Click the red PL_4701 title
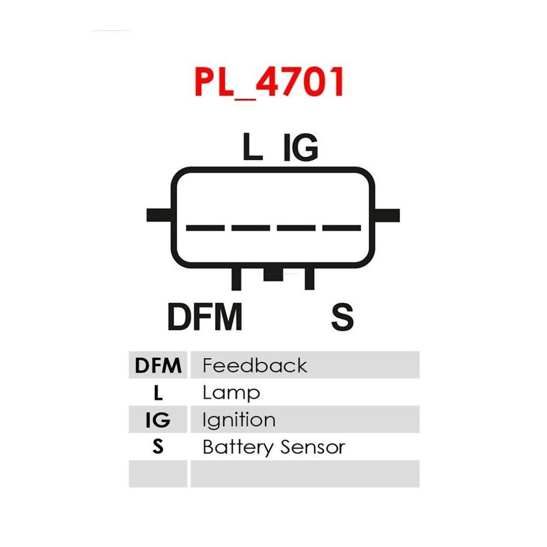pos(269,82)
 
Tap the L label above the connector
pos(252,146)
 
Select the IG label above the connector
pos(301,147)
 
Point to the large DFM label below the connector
pos(205,316)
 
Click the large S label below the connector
pos(342,317)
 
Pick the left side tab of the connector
pos(159,215)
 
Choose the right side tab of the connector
pos(387,215)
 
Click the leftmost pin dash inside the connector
pos(205,228)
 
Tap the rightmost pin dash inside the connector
pos(342,228)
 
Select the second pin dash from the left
pos(251,228)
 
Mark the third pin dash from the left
pos(296,228)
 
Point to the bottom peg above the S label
pos(309,278)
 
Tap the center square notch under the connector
pos(273,274)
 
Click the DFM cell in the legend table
pos(158,365)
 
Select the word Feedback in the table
pos(255,365)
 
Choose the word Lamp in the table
pos(232,393)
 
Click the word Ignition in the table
pos(239,419)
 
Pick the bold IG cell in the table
pos(158,419)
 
